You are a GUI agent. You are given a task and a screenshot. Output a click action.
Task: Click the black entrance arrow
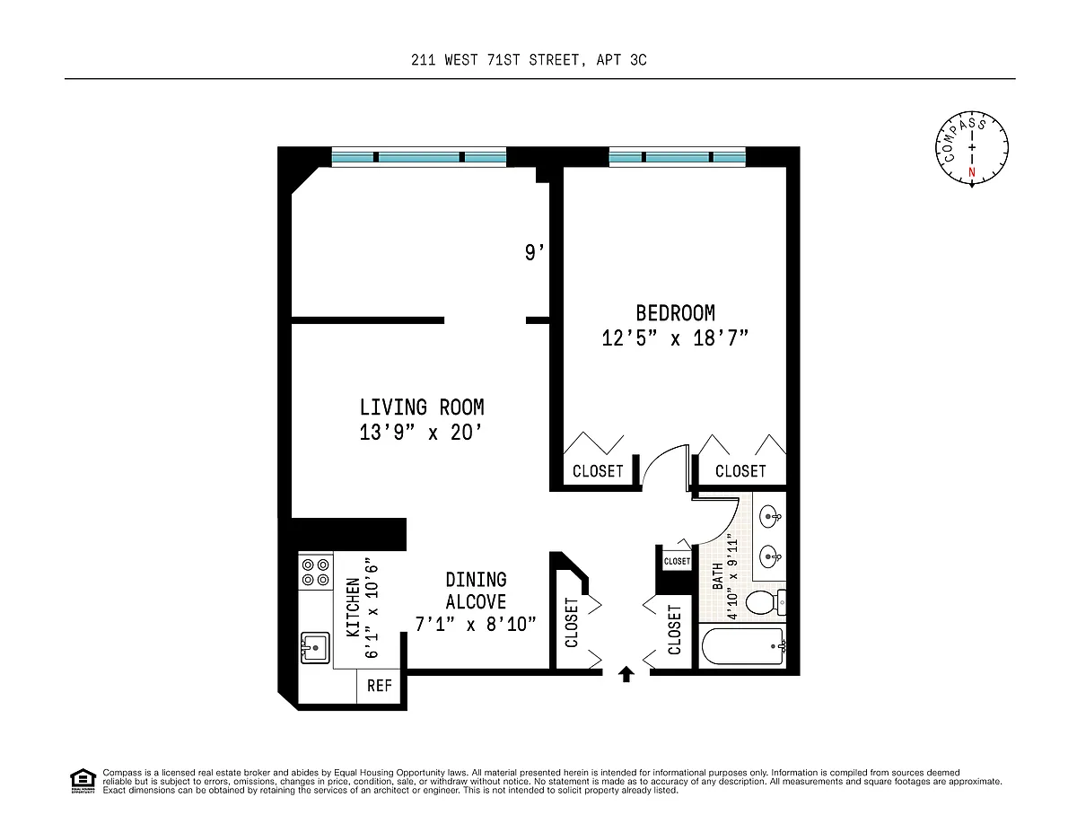(626, 674)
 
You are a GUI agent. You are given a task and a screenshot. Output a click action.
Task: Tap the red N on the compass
(971, 172)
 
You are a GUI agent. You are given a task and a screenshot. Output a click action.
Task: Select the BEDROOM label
(675, 313)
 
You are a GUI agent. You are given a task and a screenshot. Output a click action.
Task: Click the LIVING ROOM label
(422, 407)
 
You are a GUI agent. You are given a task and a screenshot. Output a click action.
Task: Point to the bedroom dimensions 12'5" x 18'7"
(675, 338)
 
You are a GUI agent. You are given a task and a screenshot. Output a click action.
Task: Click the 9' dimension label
(534, 253)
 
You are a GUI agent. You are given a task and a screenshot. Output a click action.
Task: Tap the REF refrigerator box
(379, 686)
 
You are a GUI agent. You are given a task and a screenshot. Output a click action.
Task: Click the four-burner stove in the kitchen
(316, 572)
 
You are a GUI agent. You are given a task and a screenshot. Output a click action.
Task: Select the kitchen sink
(315, 648)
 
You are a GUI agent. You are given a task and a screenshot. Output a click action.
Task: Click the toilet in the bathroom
(766, 602)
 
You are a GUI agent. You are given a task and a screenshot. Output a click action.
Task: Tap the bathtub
(742, 646)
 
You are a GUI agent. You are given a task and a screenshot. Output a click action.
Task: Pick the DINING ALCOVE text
(476, 591)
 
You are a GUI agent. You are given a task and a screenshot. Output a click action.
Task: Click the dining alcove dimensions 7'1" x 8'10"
(476, 624)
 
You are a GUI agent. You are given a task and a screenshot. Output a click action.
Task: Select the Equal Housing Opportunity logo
(83, 782)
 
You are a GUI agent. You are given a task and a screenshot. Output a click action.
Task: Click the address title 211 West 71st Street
(529, 60)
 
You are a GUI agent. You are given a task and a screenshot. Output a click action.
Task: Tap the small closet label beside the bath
(677, 561)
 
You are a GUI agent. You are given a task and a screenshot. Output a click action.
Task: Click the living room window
(419, 157)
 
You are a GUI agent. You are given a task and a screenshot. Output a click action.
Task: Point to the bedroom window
(677, 157)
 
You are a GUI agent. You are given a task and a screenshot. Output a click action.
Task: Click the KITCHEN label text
(353, 608)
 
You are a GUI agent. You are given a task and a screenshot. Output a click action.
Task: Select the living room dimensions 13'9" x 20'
(420, 433)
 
